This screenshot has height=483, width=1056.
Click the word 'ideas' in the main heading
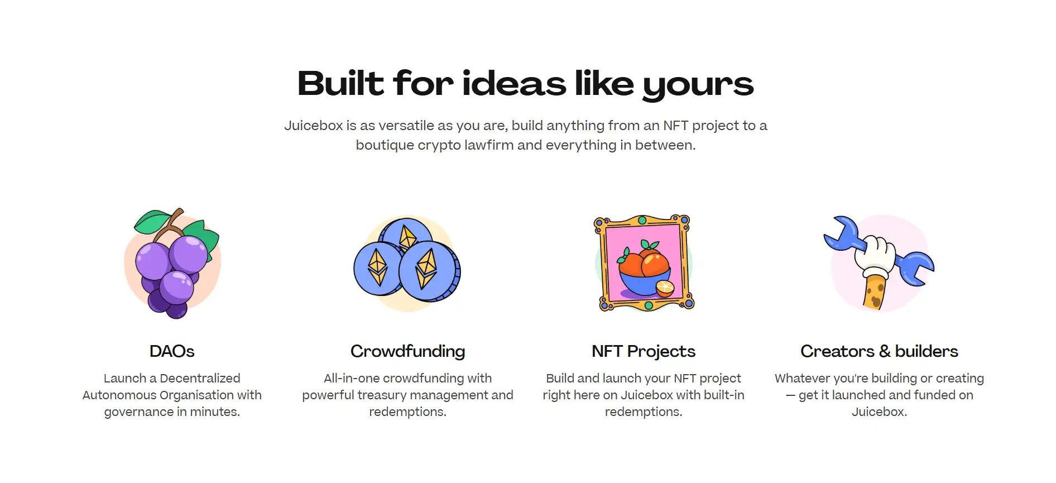point(514,84)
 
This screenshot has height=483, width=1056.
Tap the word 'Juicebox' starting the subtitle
point(313,126)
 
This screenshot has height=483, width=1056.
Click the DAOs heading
point(172,351)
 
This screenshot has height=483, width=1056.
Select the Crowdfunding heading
point(407,352)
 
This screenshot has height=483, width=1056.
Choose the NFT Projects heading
point(644,352)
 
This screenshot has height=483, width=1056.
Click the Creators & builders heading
point(879,351)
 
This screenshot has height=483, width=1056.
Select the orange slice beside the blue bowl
point(665,288)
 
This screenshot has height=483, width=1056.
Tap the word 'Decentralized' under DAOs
point(200,378)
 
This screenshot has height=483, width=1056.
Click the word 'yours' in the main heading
point(698,85)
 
